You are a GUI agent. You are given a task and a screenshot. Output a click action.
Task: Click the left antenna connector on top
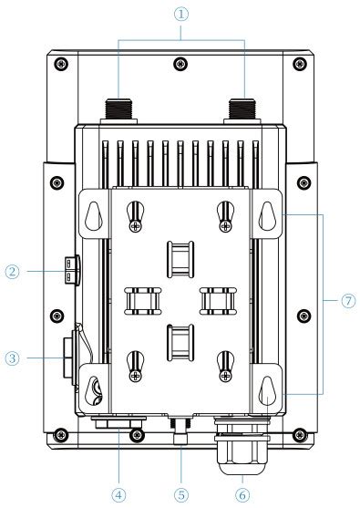(118, 110)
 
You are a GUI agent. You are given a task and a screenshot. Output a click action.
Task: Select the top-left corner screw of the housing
(59, 63)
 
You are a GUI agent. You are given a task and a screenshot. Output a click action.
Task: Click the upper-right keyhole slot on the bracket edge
(266, 213)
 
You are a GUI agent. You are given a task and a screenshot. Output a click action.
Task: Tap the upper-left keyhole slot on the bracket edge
(92, 213)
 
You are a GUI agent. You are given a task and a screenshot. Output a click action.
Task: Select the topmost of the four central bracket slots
(180, 256)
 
